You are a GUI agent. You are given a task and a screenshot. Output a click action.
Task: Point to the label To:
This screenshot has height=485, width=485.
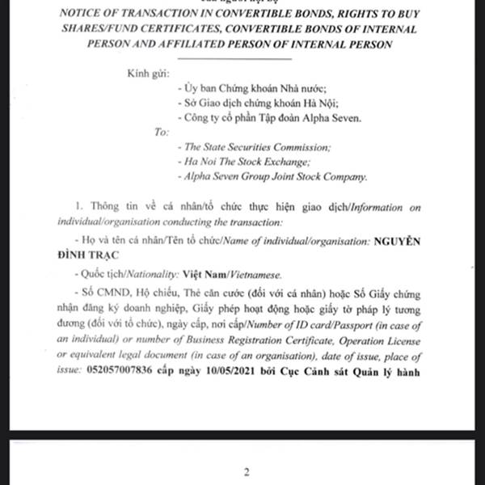[x=161, y=132]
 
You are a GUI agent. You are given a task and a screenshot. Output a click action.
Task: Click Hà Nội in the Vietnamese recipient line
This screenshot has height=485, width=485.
[x=310, y=103]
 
